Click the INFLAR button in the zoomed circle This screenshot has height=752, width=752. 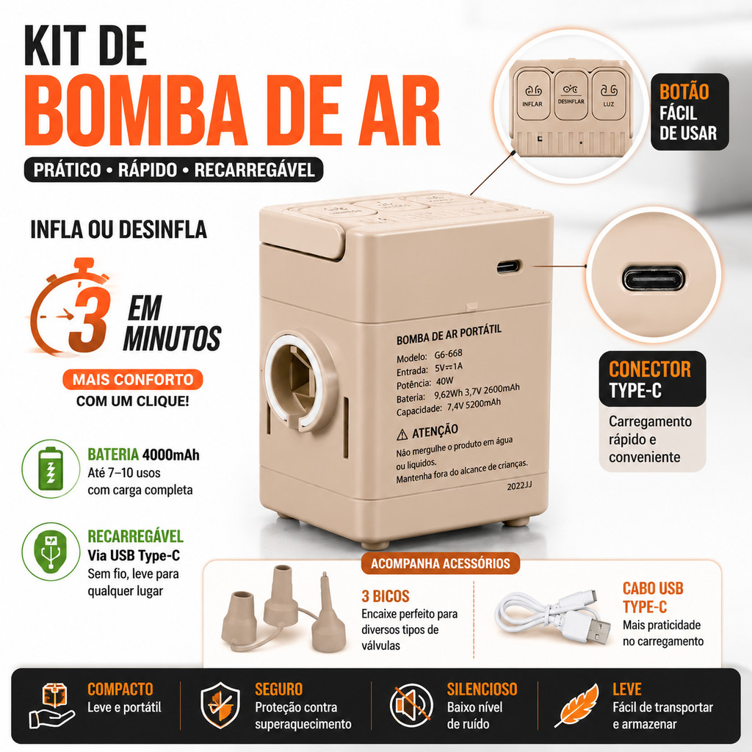pos(532,94)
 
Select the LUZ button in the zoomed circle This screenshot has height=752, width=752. pos(609,94)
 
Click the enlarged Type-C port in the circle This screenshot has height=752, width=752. pos(654,278)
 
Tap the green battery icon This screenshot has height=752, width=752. pos(51,469)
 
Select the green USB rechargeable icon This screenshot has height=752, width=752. pos(51,552)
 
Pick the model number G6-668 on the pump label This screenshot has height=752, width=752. pos(449,354)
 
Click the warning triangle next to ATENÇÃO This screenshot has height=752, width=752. pos(402,435)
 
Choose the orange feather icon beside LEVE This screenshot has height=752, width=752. pos(578,704)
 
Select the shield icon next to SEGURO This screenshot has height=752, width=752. pos(220,705)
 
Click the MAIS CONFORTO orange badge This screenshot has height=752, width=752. pos(133,380)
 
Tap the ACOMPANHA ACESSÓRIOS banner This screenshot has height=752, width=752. pos(441,563)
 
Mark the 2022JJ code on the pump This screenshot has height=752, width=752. pos(519,486)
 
